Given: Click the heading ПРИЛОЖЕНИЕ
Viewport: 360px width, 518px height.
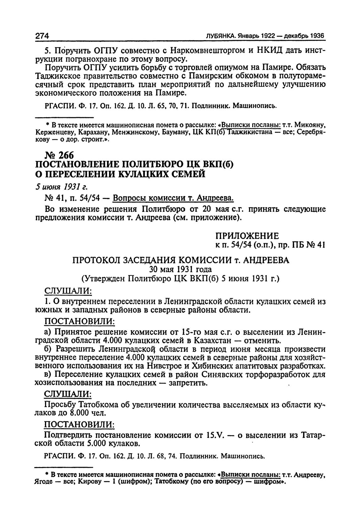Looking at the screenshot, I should (247, 236).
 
